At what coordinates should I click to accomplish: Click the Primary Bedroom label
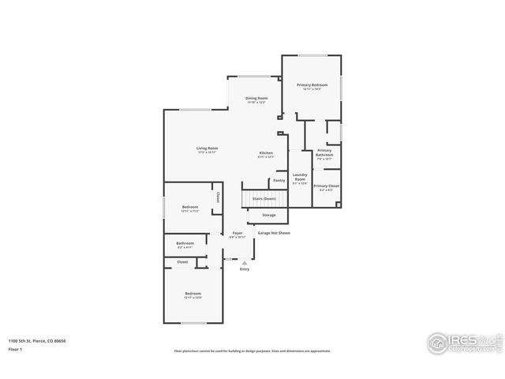click(312, 84)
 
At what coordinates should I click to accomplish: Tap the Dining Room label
click(256, 99)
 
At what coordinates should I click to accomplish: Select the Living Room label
click(208, 148)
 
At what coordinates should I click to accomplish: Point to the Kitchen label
click(266, 153)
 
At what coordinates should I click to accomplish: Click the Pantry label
click(279, 180)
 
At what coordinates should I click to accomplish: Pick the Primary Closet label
click(326, 186)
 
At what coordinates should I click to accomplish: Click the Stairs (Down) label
click(264, 199)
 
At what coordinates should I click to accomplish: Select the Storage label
click(269, 215)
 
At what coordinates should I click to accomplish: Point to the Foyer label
click(237, 234)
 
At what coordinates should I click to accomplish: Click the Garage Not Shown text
click(274, 234)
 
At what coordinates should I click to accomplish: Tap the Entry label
click(245, 269)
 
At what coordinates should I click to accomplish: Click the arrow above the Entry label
click(245, 262)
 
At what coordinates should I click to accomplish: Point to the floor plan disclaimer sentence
click(252, 351)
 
